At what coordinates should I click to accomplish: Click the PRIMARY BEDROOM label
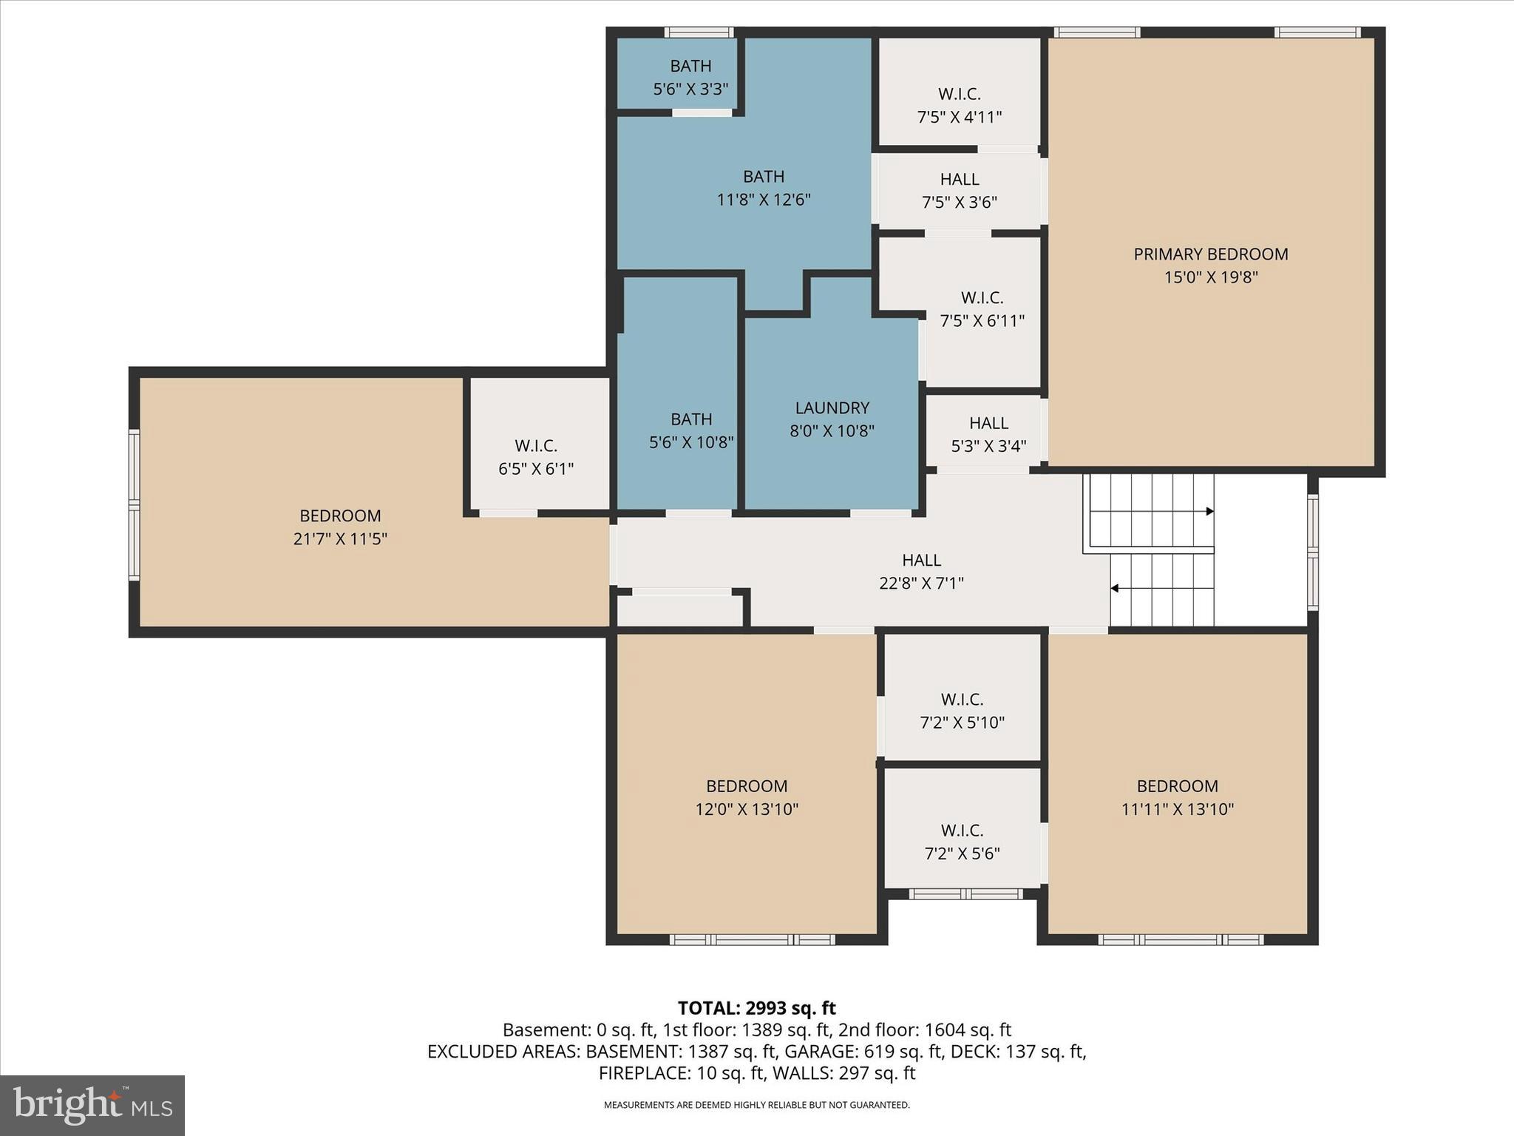tap(1210, 254)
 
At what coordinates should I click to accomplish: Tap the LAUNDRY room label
tap(832, 408)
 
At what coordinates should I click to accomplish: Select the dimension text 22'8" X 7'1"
tap(921, 584)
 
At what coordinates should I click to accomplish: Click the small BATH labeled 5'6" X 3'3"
tap(690, 78)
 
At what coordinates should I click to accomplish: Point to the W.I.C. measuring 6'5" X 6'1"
tap(536, 457)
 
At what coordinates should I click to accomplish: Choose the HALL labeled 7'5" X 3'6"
tap(960, 191)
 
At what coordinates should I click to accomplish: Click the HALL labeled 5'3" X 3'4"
tap(988, 434)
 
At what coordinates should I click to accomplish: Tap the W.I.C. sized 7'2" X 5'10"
tap(962, 711)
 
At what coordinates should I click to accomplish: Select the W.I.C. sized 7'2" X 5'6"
tap(962, 842)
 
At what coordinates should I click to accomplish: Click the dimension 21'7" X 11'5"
tap(340, 539)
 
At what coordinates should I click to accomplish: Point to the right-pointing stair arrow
tap(1209, 511)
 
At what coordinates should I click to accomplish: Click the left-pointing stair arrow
tap(1115, 589)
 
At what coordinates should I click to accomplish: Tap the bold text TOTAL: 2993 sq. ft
tap(756, 1008)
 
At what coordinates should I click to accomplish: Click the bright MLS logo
tap(92, 1105)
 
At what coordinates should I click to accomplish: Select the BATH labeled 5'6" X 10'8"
tap(691, 430)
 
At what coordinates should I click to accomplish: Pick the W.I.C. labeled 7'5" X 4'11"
tap(960, 106)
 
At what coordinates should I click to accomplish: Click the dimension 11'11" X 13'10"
tap(1177, 809)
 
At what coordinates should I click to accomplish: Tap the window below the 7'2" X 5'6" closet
tap(965, 894)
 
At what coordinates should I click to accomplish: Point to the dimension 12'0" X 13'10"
tap(747, 809)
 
